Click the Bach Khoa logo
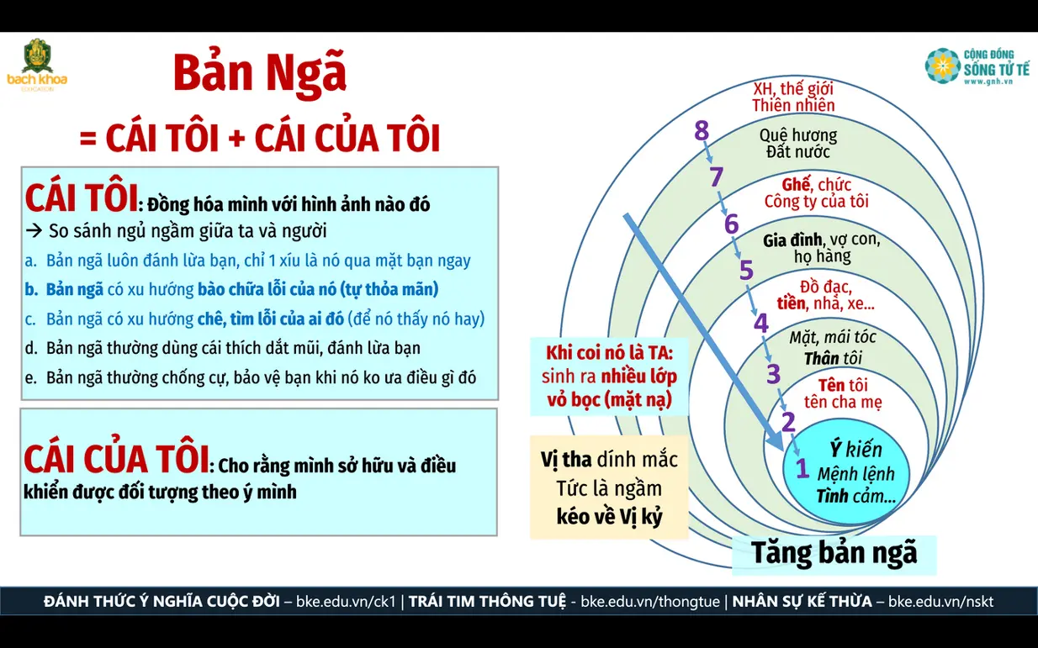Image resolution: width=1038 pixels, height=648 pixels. [x=37, y=65]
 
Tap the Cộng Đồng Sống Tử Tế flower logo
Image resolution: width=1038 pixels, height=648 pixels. [x=942, y=66]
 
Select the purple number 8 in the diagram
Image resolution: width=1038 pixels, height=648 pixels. [x=702, y=130]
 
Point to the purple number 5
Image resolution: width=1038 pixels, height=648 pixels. [x=746, y=271]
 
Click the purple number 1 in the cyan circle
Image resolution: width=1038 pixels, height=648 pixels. [x=802, y=468]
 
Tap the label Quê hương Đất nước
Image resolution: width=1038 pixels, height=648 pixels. [x=798, y=144]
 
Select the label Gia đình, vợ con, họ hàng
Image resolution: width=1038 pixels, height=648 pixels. [x=822, y=248]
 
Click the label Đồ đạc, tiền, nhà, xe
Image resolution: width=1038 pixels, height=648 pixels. [x=826, y=295]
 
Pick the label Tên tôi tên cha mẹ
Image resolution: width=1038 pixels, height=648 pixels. [x=843, y=393]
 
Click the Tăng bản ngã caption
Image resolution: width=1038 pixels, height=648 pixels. [x=834, y=554]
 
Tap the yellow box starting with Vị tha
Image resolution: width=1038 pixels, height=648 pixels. [x=609, y=487]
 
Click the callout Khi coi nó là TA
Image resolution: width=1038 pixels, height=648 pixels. [x=609, y=377]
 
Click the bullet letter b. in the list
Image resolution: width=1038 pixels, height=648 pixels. [x=31, y=289]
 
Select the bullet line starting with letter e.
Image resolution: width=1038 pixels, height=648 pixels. [x=250, y=377]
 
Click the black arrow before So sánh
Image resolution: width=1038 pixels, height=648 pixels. [x=34, y=230]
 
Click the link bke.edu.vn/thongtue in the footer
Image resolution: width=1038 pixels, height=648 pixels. [x=650, y=601]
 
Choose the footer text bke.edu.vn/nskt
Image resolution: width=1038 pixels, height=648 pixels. [x=940, y=601]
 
